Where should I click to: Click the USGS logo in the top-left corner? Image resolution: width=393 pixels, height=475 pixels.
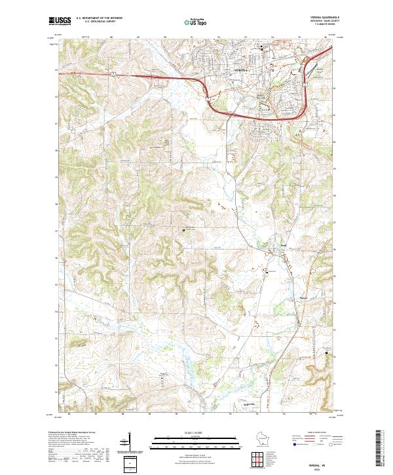[x=60, y=21]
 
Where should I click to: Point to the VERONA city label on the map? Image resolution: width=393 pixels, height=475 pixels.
[x=241, y=69]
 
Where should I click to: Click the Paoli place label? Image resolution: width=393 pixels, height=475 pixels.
[x=284, y=246]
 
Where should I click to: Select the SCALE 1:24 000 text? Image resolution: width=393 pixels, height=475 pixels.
[x=196, y=432]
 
